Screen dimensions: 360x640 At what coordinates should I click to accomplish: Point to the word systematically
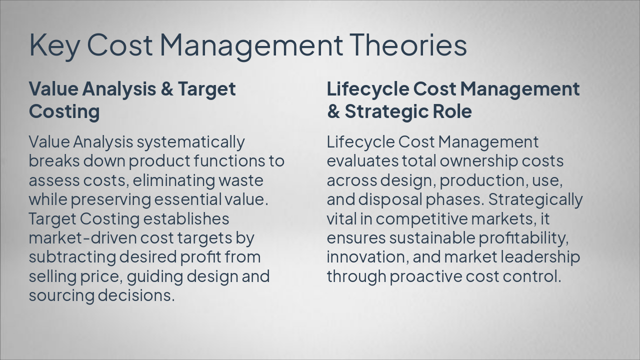click(190, 142)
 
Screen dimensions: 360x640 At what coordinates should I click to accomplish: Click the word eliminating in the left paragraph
click(174, 180)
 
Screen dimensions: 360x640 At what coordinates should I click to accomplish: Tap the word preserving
click(110, 199)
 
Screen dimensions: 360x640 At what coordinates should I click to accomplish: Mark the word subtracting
click(72, 257)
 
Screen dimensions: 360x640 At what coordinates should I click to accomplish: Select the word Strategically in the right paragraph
click(535, 199)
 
